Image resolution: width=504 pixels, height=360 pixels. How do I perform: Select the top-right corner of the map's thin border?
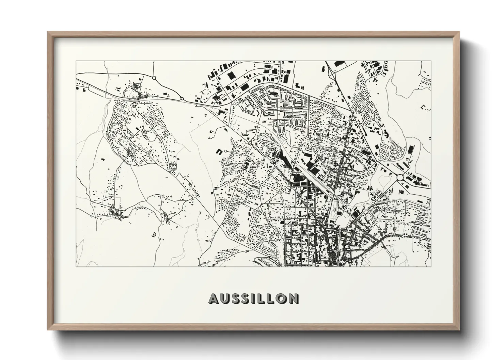pos(431,61)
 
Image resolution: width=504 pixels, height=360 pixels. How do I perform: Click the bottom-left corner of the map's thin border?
pos(76,266)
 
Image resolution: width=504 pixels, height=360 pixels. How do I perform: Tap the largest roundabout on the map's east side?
pos(400,177)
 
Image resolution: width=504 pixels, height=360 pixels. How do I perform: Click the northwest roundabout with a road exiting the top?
pos(154,78)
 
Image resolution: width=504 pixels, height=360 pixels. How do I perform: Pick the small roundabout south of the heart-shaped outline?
pos(373,203)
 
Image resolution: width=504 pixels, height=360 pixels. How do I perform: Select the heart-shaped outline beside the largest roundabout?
pos(384,179)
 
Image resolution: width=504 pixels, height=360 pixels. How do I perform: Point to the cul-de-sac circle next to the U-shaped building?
pos(226,151)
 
